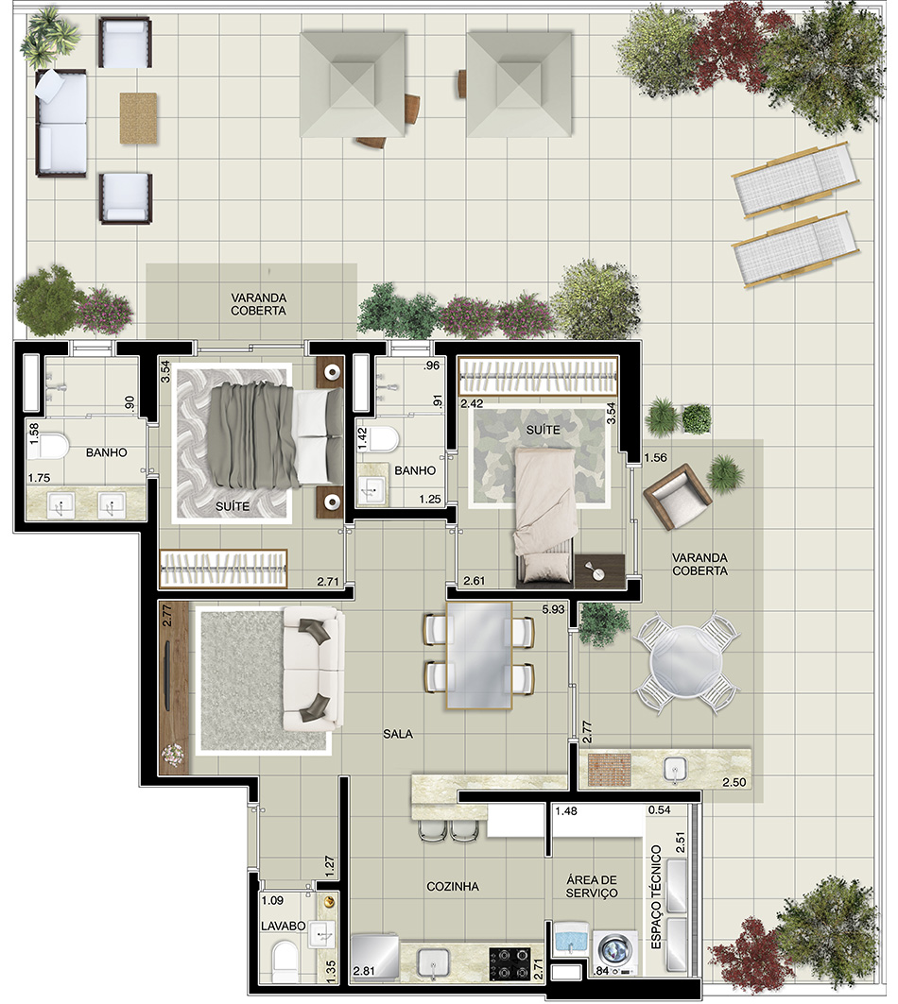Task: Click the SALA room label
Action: pyautogui.click(x=397, y=734)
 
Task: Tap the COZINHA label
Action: pyautogui.click(x=453, y=886)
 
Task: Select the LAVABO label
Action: pyautogui.click(x=284, y=926)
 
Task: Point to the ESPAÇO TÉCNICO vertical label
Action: pyautogui.click(x=656, y=897)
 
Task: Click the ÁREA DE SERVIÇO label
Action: pyautogui.click(x=592, y=886)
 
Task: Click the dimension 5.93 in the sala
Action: pyautogui.click(x=553, y=609)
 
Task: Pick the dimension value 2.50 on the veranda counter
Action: pyautogui.click(x=734, y=782)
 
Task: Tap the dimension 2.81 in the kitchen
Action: pyautogui.click(x=364, y=971)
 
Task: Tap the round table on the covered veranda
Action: pyautogui.click(x=686, y=662)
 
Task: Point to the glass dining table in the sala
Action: pyautogui.click(x=479, y=655)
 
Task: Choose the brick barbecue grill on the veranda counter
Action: pyautogui.click(x=609, y=769)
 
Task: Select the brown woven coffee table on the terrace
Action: pyautogui.click(x=138, y=118)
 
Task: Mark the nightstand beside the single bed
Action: pyautogui.click(x=600, y=571)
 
